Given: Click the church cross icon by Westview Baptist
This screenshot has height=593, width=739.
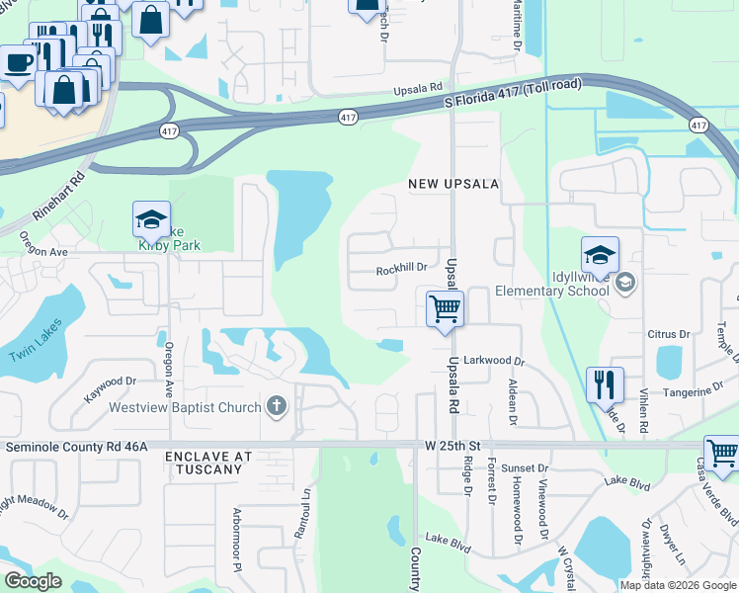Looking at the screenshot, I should pos(276,406).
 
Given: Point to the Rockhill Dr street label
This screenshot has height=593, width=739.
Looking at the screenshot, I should pos(401,267).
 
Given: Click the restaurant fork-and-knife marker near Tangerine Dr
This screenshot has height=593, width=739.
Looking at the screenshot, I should pos(605,384).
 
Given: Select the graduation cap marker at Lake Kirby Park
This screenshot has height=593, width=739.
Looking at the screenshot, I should pos(151,219).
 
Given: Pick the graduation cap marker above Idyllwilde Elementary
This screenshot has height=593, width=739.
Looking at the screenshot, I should pos(600,255).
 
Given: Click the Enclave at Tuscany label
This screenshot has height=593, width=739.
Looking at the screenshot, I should pos(208,463).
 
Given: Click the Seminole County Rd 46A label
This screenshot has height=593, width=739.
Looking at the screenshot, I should pos(77,447).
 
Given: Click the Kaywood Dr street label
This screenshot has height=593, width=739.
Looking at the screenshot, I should pos(110,386).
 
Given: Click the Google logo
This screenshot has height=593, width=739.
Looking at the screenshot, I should pos(33,581).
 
